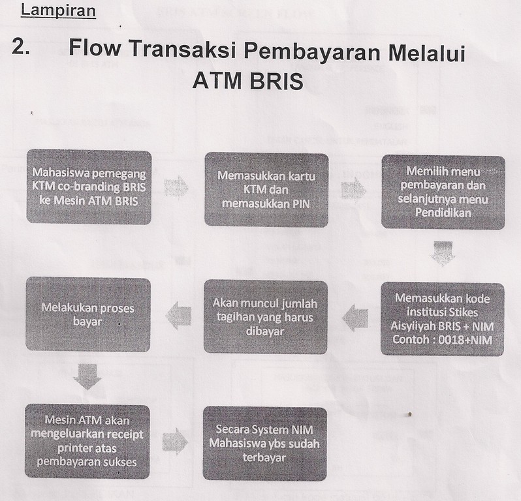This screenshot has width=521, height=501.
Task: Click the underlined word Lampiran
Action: click(x=58, y=11)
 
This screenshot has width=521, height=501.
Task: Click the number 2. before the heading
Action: click(x=21, y=47)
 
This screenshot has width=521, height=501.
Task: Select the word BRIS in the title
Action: click(x=276, y=81)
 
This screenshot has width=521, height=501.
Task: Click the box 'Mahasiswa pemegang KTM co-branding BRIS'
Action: click(x=89, y=188)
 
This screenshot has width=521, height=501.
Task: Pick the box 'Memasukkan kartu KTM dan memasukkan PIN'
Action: click(x=266, y=190)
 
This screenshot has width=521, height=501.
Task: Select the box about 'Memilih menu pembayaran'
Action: click(x=443, y=192)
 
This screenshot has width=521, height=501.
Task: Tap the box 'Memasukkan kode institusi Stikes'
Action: click(x=442, y=319)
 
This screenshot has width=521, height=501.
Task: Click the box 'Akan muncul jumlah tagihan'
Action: click(x=265, y=317)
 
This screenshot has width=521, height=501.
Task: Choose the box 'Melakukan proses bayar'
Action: click(x=88, y=314)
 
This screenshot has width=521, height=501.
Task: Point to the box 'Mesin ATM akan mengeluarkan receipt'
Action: click(x=87, y=441)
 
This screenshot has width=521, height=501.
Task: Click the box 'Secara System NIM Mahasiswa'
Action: click(x=264, y=444)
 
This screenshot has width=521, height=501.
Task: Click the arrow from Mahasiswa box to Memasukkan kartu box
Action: click(x=176, y=187)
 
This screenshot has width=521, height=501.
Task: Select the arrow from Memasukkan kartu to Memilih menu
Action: click(x=354, y=190)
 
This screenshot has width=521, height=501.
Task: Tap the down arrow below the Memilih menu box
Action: click(x=443, y=253)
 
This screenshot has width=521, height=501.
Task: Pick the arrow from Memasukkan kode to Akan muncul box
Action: click(x=355, y=318)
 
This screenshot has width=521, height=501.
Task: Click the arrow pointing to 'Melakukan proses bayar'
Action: click(x=178, y=315)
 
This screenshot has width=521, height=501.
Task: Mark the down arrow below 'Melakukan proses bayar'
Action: click(x=87, y=376)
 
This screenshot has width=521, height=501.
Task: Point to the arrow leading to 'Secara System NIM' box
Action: click(x=175, y=442)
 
